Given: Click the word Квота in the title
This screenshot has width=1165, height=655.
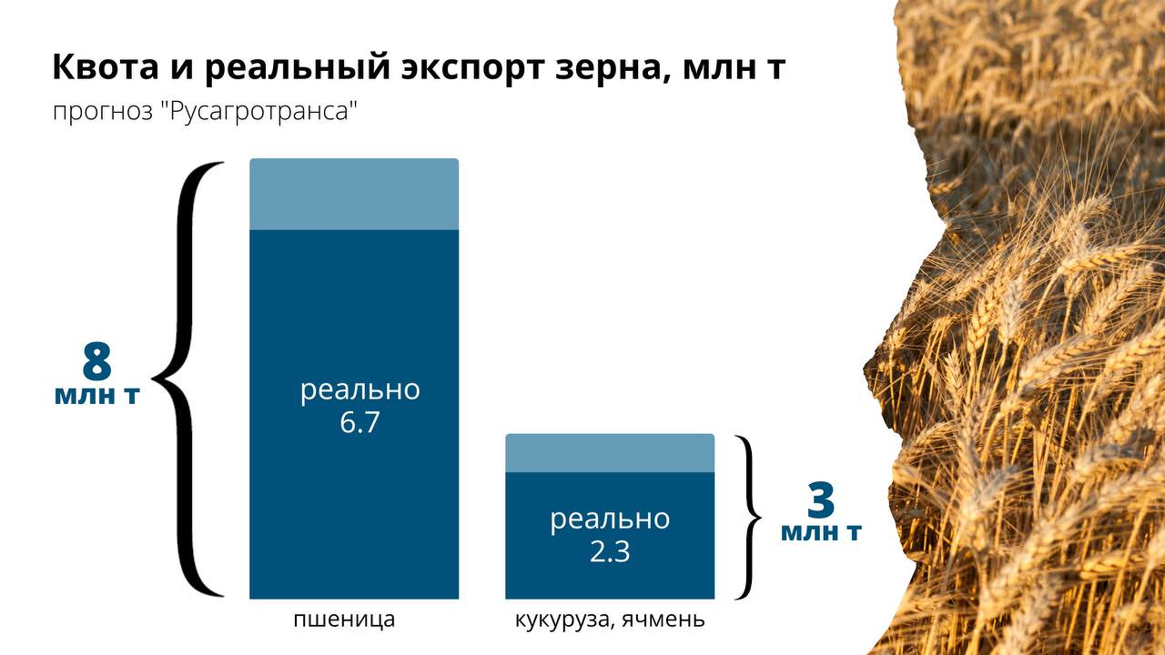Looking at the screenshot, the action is [x=106, y=66].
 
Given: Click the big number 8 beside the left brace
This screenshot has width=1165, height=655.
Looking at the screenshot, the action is [x=96, y=361].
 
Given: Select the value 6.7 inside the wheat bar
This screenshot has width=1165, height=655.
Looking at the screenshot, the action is [x=360, y=422].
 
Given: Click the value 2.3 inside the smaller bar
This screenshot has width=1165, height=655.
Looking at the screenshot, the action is [x=610, y=551].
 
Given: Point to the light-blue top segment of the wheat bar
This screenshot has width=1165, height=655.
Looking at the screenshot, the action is [x=354, y=194].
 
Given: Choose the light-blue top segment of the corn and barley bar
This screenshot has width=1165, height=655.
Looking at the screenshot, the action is [x=610, y=453].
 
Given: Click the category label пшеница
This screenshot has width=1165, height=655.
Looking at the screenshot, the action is [x=344, y=620].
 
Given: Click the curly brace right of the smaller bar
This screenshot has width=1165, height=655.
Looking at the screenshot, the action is [x=749, y=518].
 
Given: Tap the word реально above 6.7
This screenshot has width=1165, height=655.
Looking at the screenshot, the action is [x=360, y=390].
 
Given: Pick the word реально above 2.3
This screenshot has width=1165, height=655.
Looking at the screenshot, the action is [x=610, y=519].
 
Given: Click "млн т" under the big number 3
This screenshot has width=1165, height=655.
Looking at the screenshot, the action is [x=822, y=532].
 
